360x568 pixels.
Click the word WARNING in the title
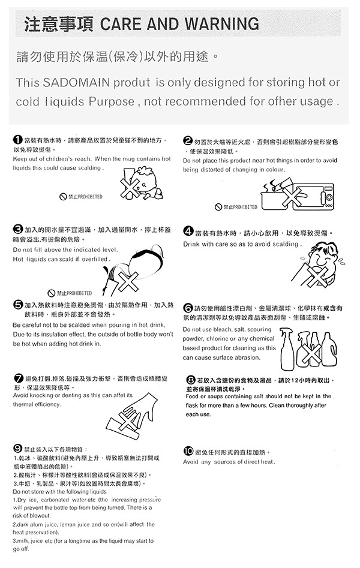click(x=222, y=23)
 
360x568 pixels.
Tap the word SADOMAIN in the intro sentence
click(x=76, y=82)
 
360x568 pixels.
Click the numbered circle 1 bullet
click(x=17, y=140)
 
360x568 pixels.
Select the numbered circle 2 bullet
click(x=187, y=142)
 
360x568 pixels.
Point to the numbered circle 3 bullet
click(x=18, y=229)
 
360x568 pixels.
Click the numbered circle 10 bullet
click(x=188, y=451)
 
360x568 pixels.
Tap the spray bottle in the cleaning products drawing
click(x=288, y=348)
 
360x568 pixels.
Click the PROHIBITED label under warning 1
click(x=81, y=197)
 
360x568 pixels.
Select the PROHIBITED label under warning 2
click(x=236, y=207)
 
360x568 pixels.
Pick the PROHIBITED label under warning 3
click(x=70, y=293)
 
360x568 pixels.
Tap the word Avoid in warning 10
click(x=191, y=462)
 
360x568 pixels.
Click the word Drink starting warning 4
click(x=191, y=244)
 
